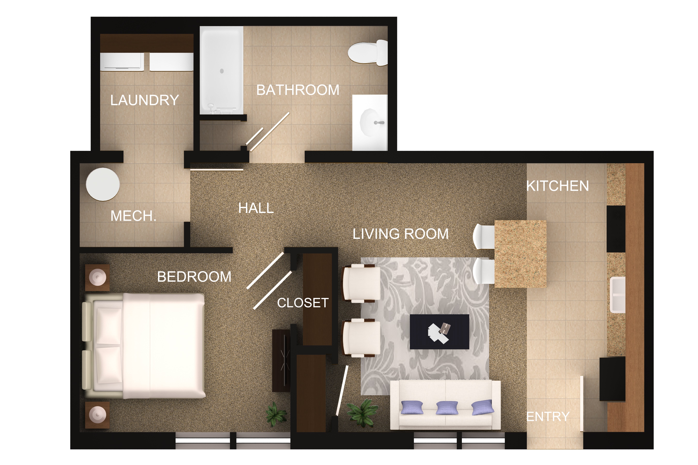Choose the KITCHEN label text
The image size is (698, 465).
(x=558, y=186)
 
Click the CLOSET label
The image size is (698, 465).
(x=303, y=303)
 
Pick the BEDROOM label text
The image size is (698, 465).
(x=194, y=277)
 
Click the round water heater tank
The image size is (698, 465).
(x=103, y=184)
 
